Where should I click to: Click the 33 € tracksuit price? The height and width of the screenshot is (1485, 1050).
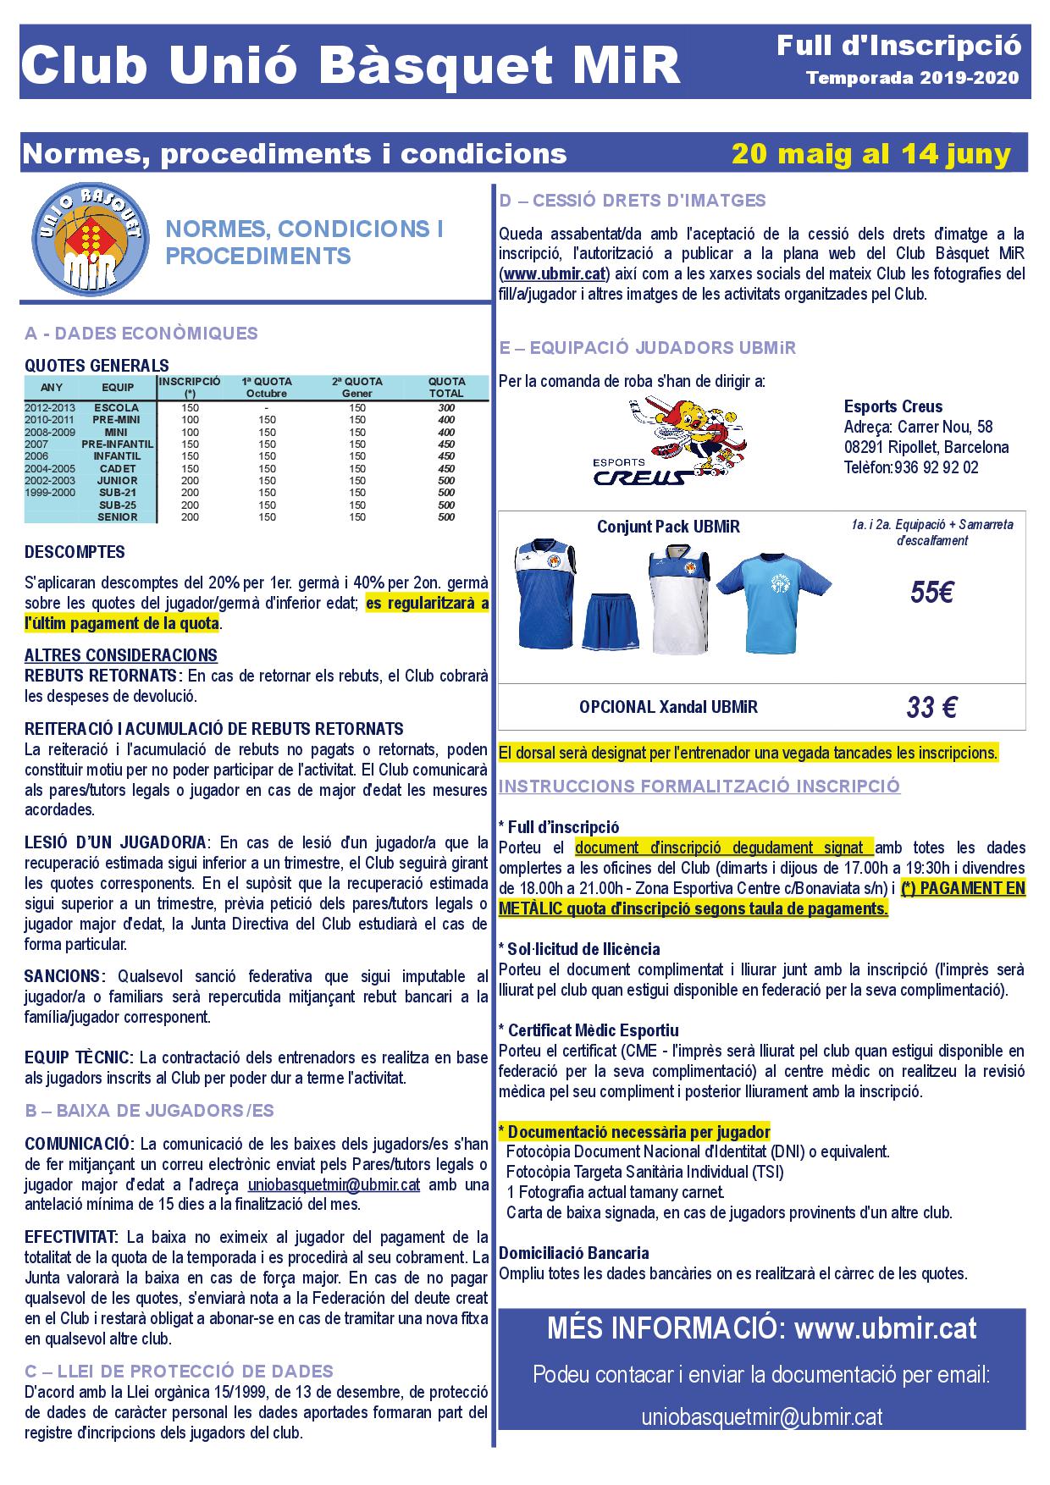pyautogui.click(x=931, y=707)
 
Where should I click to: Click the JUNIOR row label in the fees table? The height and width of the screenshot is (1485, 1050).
pyautogui.click(x=117, y=480)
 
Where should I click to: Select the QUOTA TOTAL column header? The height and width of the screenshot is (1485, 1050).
pyautogui.click(x=446, y=388)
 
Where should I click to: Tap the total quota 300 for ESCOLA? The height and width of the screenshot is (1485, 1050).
pyautogui.click(x=446, y=408)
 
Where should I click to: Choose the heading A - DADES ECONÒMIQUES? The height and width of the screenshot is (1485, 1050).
pyautogui.click(x=141, y=334)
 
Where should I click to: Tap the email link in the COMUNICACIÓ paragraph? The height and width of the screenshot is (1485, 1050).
pyautogui.click(x=334, y=1184)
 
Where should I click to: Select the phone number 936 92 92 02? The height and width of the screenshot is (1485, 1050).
pyautogui.click(x=935, y=467)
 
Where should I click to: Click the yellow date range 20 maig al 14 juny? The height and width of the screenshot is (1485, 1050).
pyautogui.click(x=871, y=154)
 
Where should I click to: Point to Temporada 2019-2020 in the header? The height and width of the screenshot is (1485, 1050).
pyautogui.click(x=912, y=79)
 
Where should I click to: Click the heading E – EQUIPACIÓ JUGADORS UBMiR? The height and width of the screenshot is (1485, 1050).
pyautogui.click(x=648, y=348)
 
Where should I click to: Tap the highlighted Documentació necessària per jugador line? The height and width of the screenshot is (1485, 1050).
pyautogui.click(x=635, y=1132)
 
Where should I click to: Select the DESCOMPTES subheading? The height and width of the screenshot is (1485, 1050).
pyautogui.click(x=75, y=553)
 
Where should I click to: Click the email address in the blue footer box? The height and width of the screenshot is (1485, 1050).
pyautogui.click(x=761, y=1418)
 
